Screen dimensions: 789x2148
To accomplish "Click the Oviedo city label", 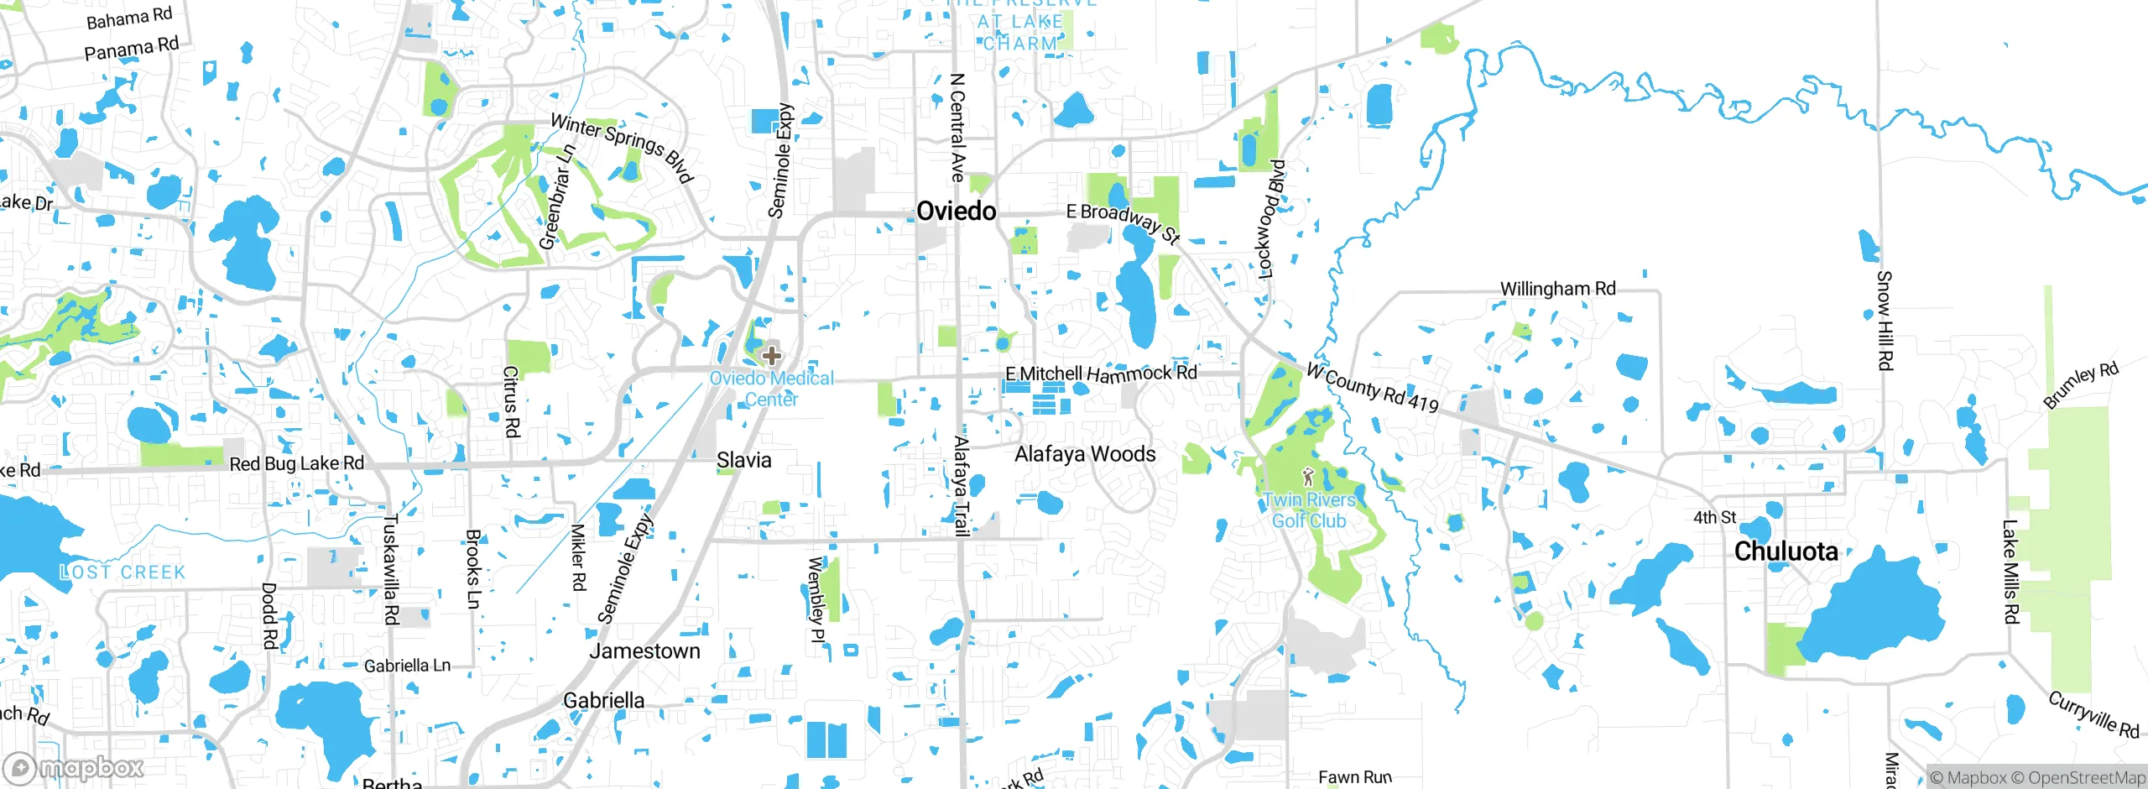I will (956, 211).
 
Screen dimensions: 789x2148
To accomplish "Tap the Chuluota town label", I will (1786, 551).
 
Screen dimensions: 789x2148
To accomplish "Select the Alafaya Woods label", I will (1084, 454).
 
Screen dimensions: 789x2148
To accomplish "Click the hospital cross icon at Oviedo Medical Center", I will (771, 356).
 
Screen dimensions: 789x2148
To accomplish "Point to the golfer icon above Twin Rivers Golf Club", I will (1307, 478).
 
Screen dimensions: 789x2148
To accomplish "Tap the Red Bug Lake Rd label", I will (296, 463).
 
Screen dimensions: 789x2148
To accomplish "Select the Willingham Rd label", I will (1557, 289).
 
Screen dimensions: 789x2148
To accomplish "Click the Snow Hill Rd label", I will (1885, 320).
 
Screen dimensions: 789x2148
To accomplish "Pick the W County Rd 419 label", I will (1373, 388).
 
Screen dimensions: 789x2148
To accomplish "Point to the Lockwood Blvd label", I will (1270, 218).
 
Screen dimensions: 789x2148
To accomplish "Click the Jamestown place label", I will (644, 651).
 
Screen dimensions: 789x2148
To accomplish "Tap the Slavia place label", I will (743, 460).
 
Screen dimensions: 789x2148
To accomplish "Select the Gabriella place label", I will (603, 700).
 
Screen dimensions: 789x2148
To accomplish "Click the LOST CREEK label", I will (123, 572).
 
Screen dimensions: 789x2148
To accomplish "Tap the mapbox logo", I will (74, 767).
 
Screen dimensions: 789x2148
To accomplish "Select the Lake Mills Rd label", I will (2010, 572).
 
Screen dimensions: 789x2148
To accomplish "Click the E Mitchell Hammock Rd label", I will (1101, 374).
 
